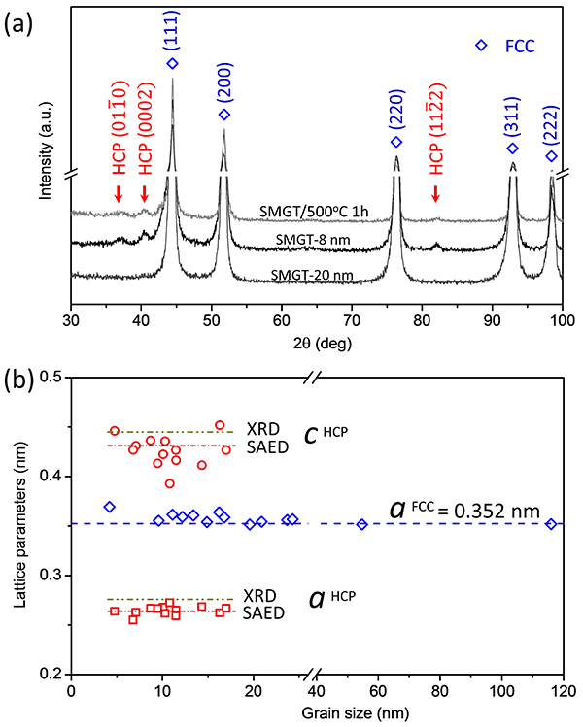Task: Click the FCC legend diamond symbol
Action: point(479,46)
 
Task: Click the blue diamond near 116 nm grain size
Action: point(551,524)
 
